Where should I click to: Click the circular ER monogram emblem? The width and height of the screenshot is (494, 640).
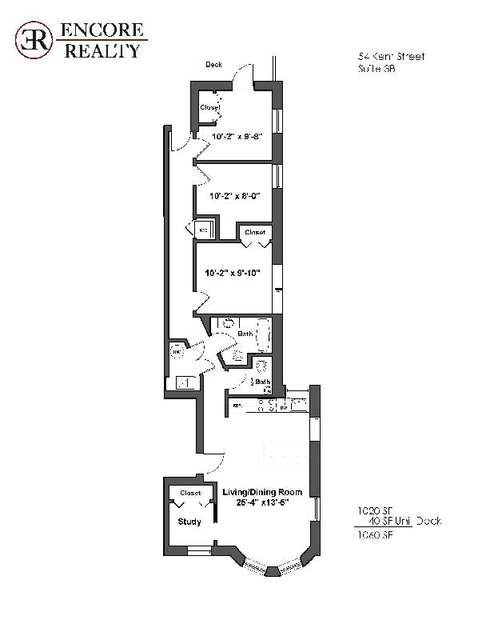tap(32, 40)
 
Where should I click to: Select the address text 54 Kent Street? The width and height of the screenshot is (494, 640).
tap(390, 57)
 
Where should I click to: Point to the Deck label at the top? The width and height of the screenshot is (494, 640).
tap(213, 65)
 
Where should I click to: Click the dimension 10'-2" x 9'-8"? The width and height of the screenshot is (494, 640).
tap(237, 137)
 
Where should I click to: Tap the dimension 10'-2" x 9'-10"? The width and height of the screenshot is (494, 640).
tap(233, 273)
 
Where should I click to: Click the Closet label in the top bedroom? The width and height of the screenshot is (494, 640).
tap(209, 107)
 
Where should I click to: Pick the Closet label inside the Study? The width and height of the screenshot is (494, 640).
tap(190, 493)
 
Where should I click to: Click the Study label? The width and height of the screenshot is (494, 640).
tap(189, 522)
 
